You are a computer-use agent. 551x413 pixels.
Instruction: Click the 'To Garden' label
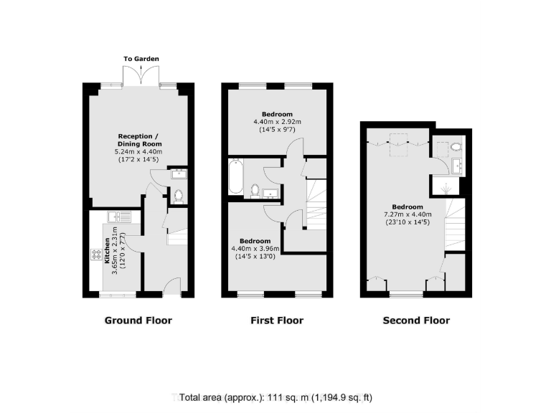(x=141, y=59)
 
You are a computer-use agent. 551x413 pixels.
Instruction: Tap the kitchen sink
(x=118, y=216)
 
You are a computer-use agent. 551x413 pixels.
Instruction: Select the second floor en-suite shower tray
(x=445, y=188)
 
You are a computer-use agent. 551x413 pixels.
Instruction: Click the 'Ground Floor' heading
(x=138, y=321)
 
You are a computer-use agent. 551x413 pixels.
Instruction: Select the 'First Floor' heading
(x=277, y=321)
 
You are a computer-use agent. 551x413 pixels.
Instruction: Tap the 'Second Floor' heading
(x=416, y=321)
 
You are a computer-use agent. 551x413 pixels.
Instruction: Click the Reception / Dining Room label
(x=138, y=141)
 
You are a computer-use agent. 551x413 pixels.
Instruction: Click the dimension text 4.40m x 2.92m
(x=277, y=123)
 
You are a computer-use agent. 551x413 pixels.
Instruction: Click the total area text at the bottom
(x=276, y=397)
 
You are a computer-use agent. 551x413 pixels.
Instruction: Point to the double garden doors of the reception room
(x=141, y=76)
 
